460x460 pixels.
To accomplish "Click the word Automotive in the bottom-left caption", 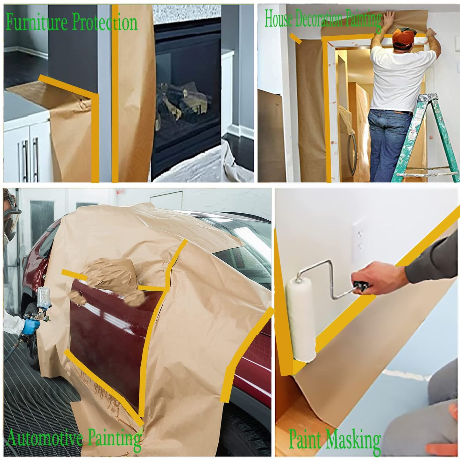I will [45, 438].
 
